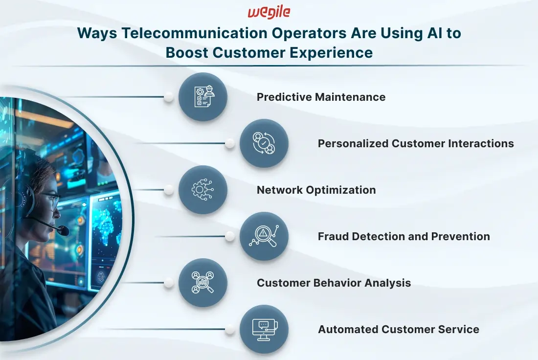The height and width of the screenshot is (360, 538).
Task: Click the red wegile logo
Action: (x=269, y=12)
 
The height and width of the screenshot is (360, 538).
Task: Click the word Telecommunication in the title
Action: (x=195, y=33)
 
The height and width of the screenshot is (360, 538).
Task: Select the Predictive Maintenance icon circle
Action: (x=203, y=97)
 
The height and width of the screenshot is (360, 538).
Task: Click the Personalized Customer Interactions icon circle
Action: (x=264, y=143)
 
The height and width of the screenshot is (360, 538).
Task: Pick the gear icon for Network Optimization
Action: (x=202, y=189)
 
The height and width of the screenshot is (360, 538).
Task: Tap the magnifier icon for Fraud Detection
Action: (x=264, y=236)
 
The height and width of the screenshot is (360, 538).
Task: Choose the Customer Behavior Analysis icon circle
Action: (x=203, y=282)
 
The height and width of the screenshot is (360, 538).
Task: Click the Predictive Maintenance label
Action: (x=321, y=97)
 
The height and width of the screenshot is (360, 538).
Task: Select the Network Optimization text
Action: (x=316, y=190)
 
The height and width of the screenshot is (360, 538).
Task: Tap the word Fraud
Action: (x=333, y=236)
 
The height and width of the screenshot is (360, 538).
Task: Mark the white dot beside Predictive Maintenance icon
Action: (x=168, y=97)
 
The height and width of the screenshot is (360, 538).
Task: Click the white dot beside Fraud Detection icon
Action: (x=230, y=236)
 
